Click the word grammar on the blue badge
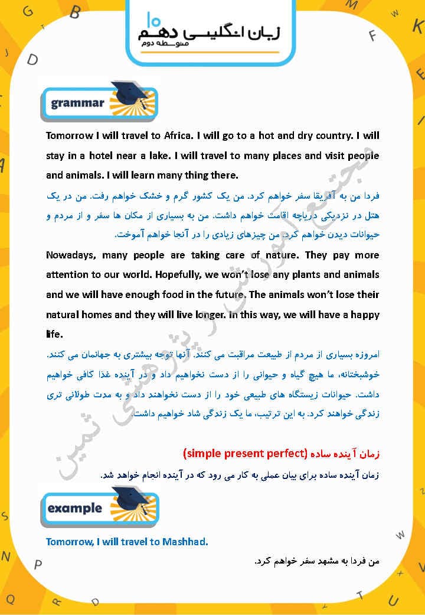tap(77, 103)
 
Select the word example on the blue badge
tap(74, 508)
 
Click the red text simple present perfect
tap(244, 454)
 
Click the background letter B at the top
tap(75, 11)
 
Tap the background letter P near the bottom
tap(38, 564)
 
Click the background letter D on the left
tap(33, 59)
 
